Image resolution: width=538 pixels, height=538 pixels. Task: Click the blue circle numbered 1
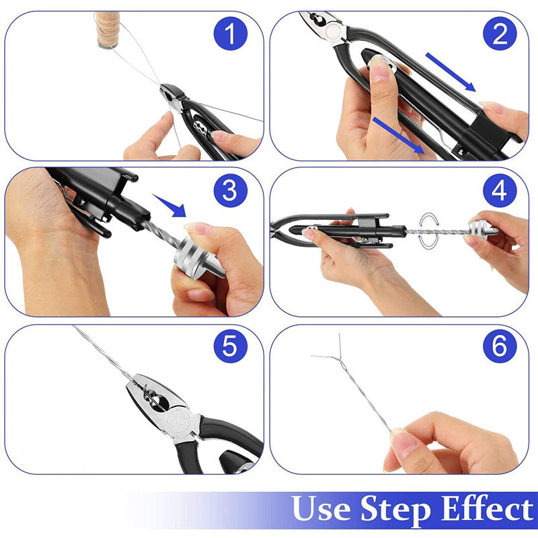pyautogui.click(x=230, y=34)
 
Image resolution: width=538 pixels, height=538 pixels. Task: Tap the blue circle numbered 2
pyautogui.click(x=500, y=34)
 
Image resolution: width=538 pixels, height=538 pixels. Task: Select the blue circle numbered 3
pyautogui.click(x=230, y=190)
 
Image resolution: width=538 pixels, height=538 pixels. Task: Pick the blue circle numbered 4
pyautogui.click(x=500, y=190)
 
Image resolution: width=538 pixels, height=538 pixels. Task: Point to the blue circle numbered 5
pyautogui.click(x=230, y=346)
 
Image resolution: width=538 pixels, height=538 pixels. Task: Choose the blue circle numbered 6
pyautogui.click(x=500, y=346)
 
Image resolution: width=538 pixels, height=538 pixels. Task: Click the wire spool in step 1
pyautogui.click(x=108, y=30)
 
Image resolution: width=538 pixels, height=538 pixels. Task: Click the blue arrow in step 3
pyautogui.click(x=170, y=206)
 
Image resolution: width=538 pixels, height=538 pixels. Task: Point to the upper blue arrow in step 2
pyautogui.click(x=451, y=72)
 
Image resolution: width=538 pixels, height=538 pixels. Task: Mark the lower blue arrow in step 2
pyautogui.click(x=398, y=135)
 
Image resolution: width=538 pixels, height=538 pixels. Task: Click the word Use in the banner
pyautogui.click(x=321, y=508)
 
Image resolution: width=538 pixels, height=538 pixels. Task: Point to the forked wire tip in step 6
pyautogui.click(x=340, y=357)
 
